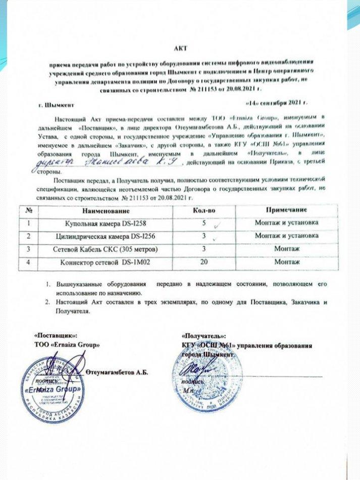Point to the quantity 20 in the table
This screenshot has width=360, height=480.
(204, 262)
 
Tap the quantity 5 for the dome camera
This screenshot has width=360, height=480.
(204, 223)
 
